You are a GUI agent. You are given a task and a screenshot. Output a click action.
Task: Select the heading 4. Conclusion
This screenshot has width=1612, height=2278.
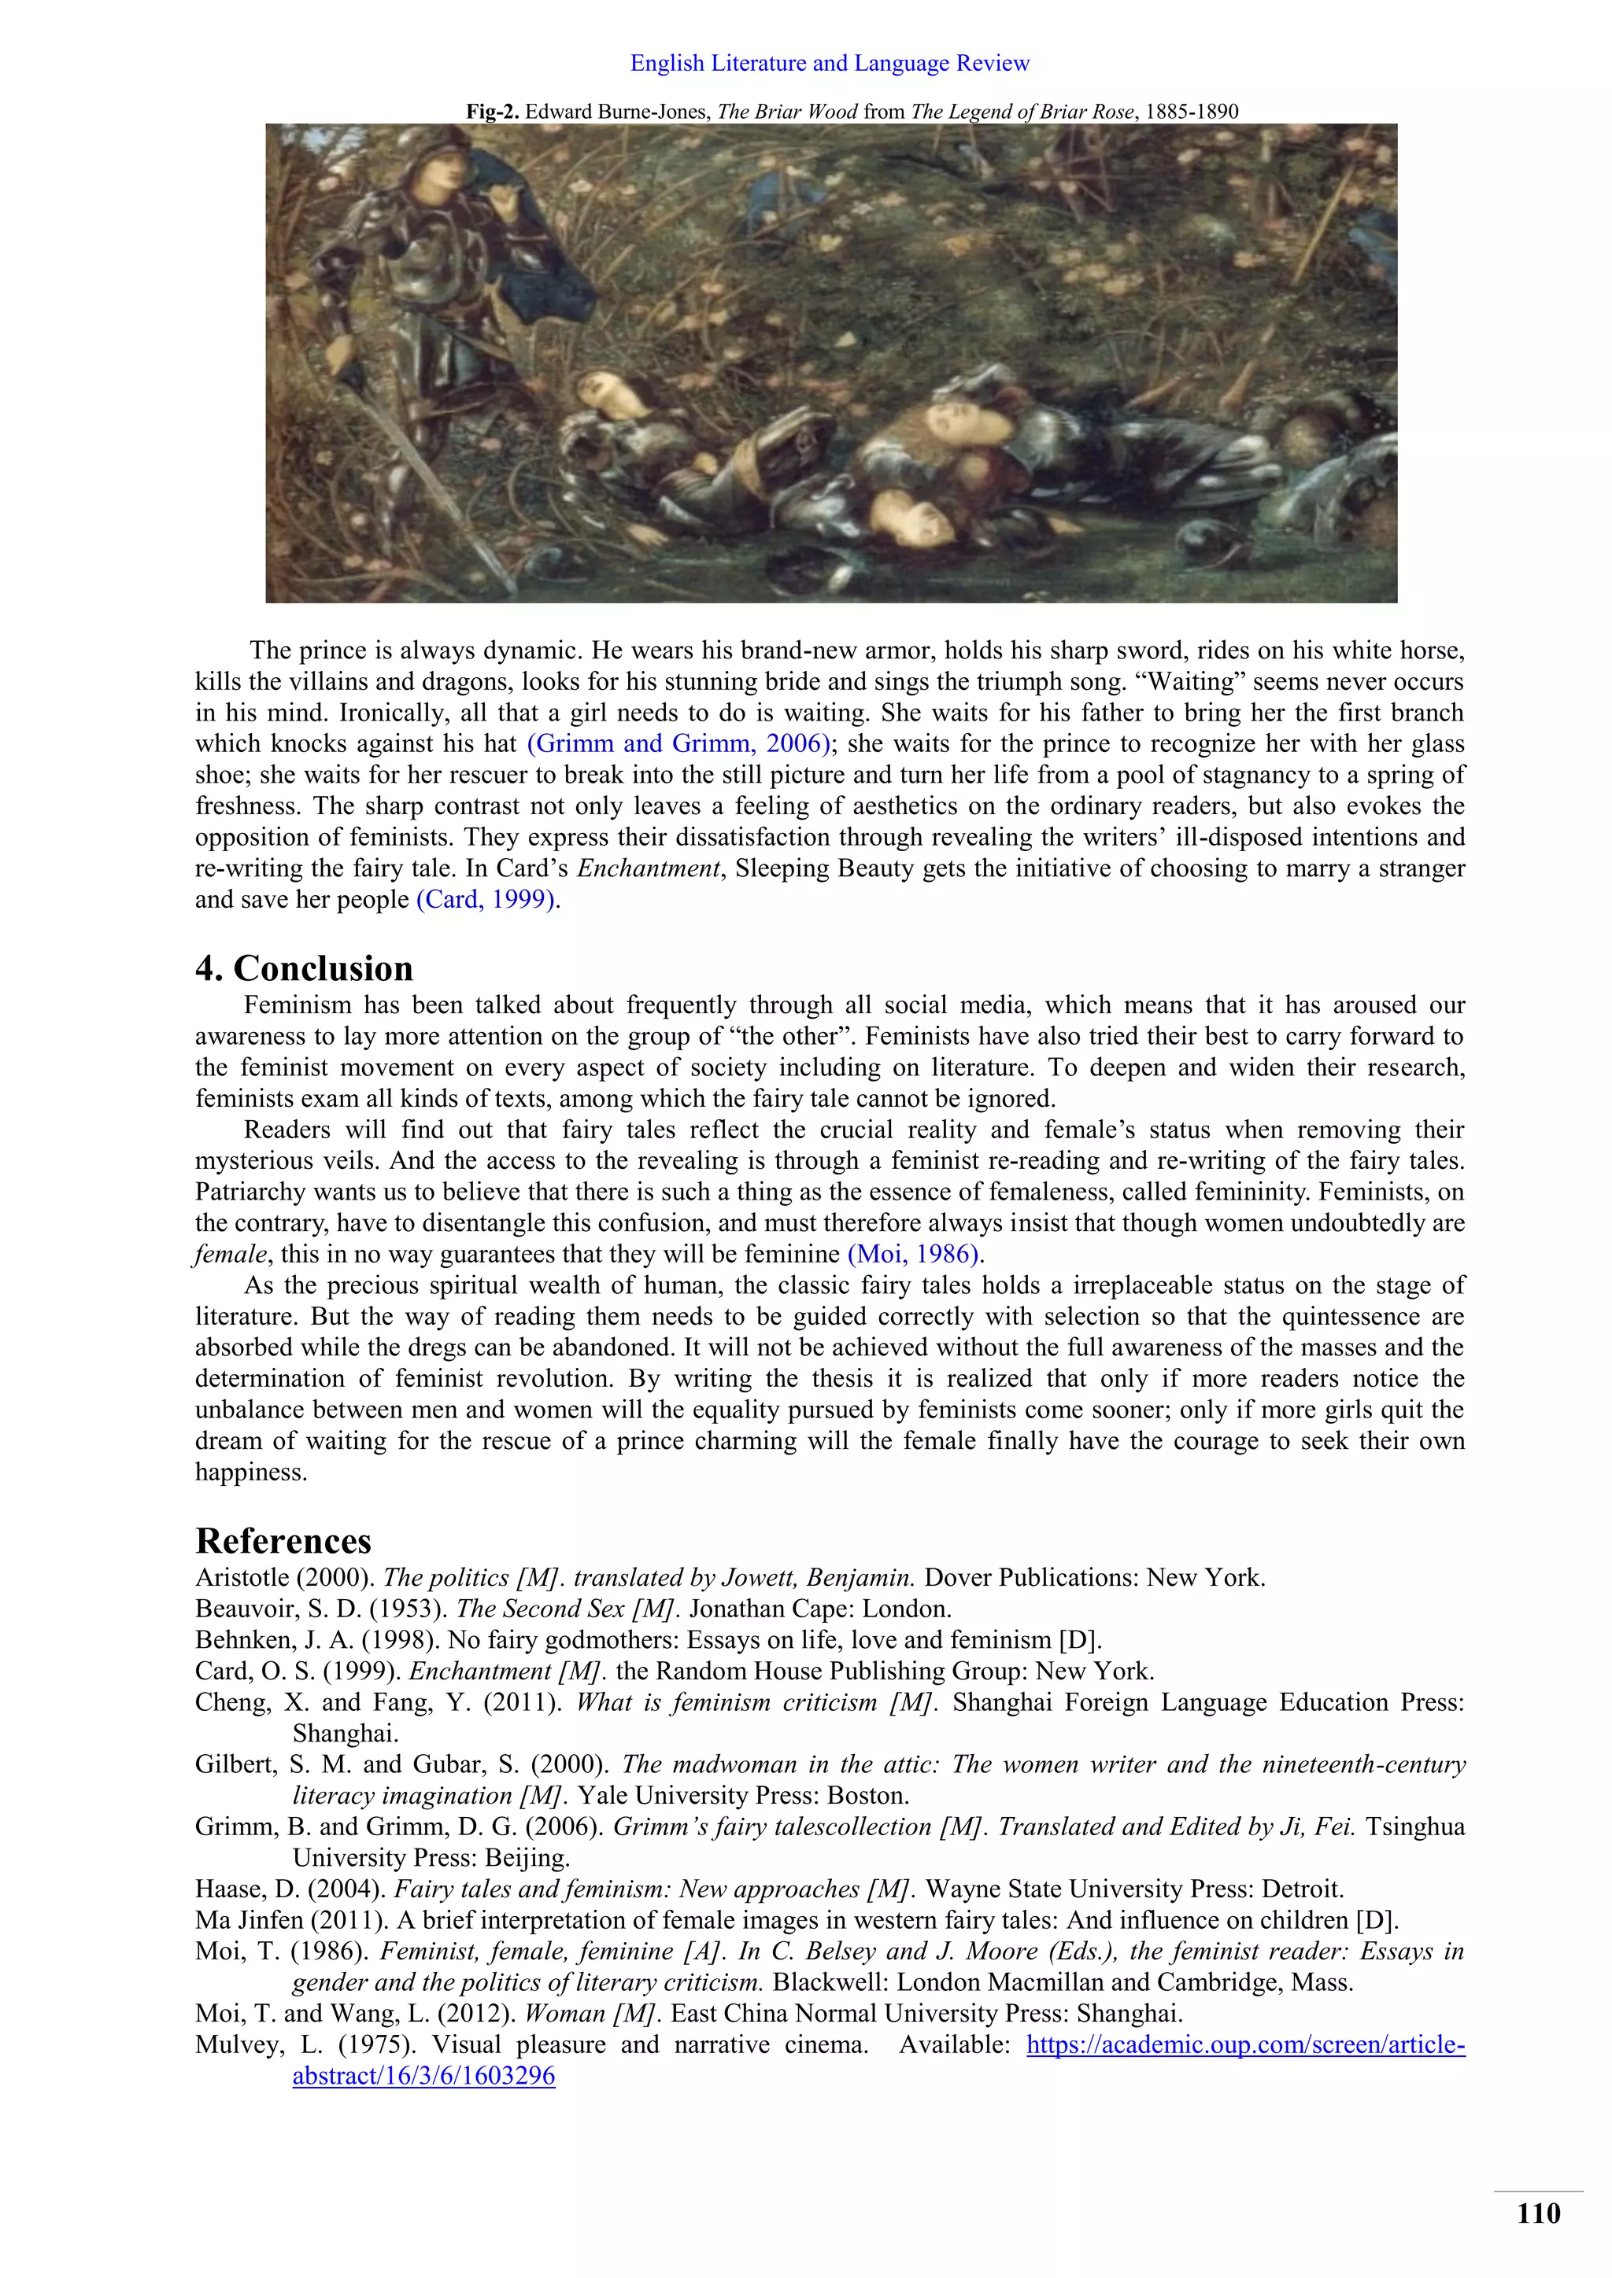coord(304,968)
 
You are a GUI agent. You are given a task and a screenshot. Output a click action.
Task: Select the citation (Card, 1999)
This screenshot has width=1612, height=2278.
coord(486,900)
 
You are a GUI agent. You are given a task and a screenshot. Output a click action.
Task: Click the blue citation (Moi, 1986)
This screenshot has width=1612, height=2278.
coord(913,1254)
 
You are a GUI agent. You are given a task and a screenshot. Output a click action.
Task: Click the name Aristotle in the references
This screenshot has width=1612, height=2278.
coord(235,1578)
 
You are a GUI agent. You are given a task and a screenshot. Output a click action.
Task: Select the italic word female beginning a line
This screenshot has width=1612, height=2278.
coord(231,1254)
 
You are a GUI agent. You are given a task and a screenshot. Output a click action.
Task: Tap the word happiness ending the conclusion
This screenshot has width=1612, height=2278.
coord(250,1473)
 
